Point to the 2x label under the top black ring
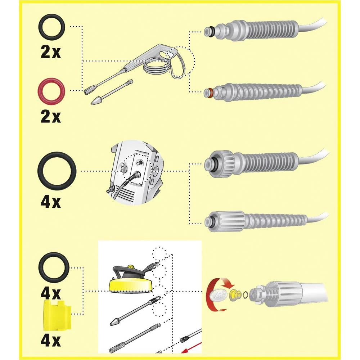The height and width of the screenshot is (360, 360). click(51, 52)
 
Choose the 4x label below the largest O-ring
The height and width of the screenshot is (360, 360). click(51, 202)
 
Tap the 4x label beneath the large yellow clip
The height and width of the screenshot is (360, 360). click(51, 340)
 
